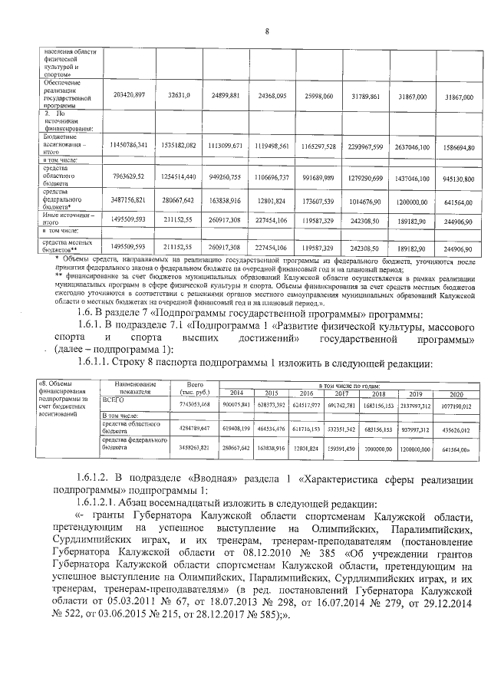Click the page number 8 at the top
tap(267, 31)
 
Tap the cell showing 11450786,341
tap(128, 145)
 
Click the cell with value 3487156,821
tap(128, 199)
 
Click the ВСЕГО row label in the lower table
tap(113, 400)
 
